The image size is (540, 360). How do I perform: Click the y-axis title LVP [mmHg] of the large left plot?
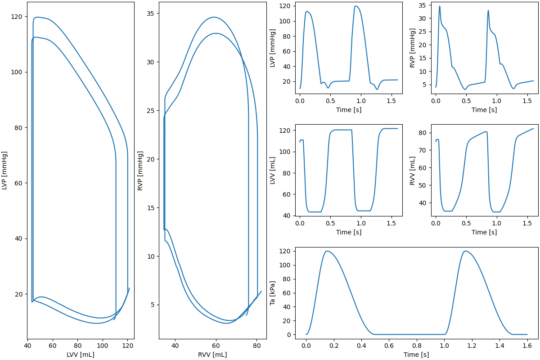pos(4,170)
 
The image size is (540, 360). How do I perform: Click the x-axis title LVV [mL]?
pos(81,355)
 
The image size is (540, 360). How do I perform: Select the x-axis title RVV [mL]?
pos(213,355)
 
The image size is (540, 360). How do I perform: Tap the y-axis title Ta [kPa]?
pos(273,293)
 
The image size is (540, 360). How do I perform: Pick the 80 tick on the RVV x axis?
pos(256,346)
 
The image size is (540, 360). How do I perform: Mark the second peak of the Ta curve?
pos(465,251)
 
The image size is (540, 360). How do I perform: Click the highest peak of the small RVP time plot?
pos(440,6)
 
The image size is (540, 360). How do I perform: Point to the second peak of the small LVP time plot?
pos(356,6)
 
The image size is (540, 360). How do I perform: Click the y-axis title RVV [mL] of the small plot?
pos(413,170)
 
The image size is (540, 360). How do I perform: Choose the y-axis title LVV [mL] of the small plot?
pos(273,170)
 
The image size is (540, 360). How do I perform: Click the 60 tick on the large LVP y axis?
pos(18,183)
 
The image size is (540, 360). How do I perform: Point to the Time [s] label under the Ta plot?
pos(416,355)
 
